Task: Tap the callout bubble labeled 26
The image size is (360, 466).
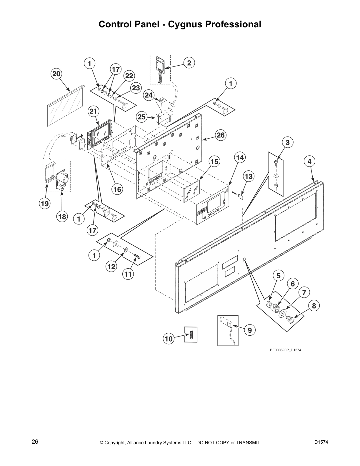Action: point(221,135)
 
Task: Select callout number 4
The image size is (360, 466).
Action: point(309,161)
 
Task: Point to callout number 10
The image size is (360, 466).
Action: point(169,339)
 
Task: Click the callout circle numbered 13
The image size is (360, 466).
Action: point(249,176)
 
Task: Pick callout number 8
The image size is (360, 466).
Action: point(314,306)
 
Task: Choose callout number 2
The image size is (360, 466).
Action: point(189,63)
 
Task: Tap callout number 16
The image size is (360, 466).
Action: point(117,189)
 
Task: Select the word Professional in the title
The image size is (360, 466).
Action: point(233,24)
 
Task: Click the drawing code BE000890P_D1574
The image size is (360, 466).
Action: point(285,350)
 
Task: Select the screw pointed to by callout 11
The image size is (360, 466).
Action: point(137,257)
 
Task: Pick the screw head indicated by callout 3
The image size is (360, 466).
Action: point(276,162)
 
